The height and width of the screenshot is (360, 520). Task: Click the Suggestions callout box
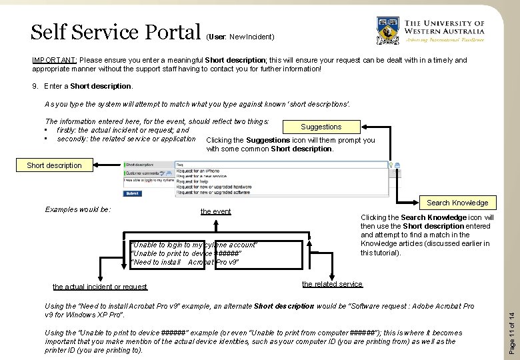321,127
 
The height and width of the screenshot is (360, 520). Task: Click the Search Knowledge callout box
457,203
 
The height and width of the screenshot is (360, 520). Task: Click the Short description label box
54,165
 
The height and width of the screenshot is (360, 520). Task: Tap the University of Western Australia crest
386,31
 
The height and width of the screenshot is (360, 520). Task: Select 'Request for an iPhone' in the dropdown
199,171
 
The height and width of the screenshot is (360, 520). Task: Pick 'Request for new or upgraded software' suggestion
213,193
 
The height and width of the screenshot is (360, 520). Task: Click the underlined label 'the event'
216,211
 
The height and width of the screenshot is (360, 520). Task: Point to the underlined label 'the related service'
332,285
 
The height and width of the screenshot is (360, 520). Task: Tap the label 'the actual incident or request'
100,287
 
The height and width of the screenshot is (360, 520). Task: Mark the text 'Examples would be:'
77,209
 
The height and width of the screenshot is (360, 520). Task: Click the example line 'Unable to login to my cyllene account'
194,245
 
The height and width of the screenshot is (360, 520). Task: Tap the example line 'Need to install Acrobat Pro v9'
185,262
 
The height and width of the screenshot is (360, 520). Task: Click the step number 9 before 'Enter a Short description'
35,86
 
